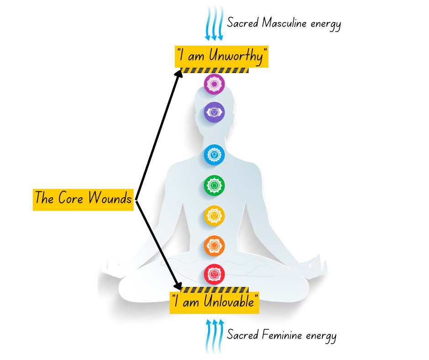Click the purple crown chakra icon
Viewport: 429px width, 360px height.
[214, 84]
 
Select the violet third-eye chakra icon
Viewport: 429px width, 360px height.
[214, 112]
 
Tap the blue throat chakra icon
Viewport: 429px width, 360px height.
[214, 154]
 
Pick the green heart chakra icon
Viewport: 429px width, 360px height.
[214, 185]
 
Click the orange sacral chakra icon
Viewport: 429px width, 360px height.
[214, 246]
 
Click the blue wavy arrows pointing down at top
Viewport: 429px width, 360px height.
[214, 23]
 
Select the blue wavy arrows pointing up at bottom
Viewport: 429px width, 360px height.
[214, 337]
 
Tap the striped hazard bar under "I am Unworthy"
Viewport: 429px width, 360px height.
[214, 71]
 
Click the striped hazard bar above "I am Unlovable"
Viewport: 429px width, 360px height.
[214, 290]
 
